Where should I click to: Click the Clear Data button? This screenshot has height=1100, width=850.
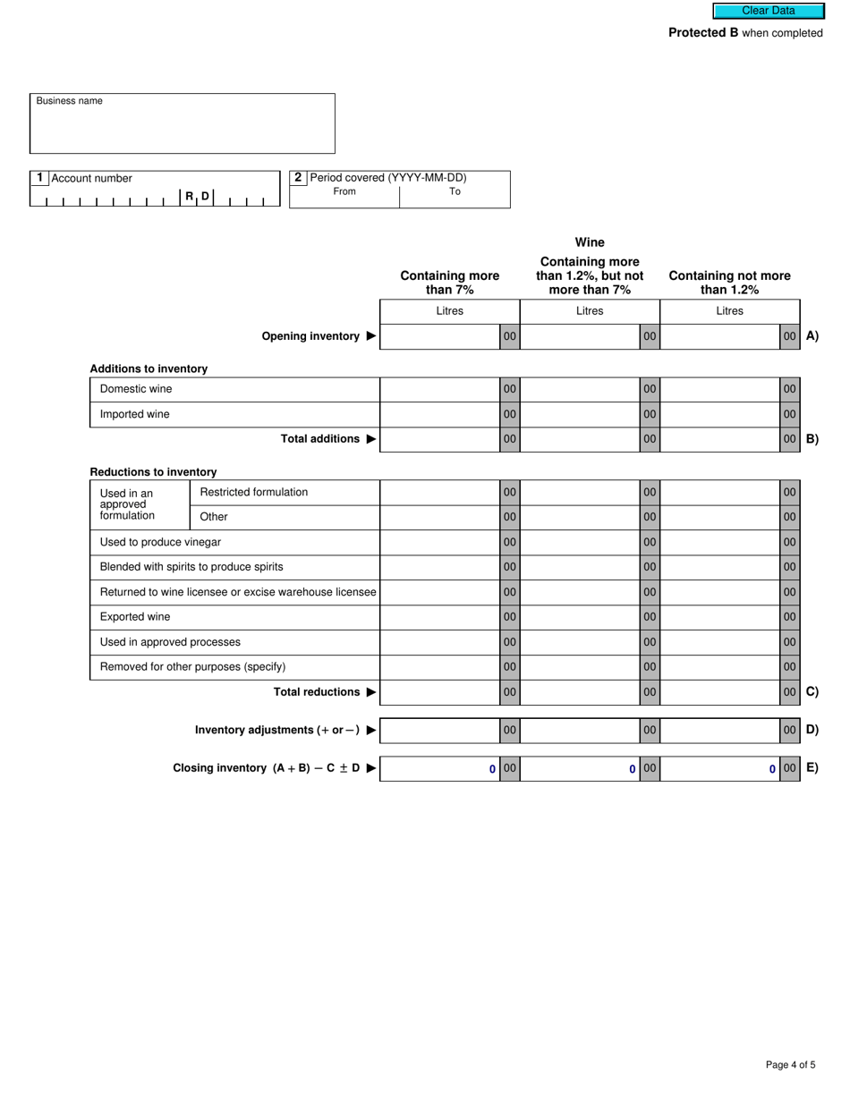(768, 11)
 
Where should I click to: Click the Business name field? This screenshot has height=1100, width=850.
(183, 130)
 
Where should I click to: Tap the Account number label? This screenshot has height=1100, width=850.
(91, 178)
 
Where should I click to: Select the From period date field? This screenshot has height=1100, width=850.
(344, 199)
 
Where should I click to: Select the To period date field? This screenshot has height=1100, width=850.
(455, 199)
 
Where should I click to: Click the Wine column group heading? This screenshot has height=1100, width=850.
(590, 242)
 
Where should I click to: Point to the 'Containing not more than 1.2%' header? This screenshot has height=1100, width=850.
(729, 283)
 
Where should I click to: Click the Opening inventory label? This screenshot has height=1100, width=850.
(310, 336)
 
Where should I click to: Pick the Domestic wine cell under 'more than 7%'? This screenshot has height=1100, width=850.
(439, 389)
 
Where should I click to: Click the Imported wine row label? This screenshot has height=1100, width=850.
(134, 414)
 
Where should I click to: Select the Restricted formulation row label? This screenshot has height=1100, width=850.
(253, 492)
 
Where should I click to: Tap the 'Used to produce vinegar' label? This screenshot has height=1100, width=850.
(160, 542)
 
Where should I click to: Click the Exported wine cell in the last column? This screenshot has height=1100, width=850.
(719, 617)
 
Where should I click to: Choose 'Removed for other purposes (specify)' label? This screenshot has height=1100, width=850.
(192, 666)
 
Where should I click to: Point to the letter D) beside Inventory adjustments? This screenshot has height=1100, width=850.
(812, 730)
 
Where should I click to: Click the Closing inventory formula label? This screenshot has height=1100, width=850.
(267, 768)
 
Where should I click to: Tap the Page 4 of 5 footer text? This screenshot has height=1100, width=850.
(790, 1064)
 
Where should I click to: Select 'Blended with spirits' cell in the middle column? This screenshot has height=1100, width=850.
(579, 567)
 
